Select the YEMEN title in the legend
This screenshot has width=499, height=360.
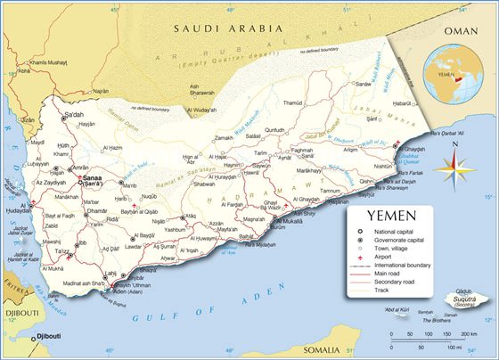click(390, 216)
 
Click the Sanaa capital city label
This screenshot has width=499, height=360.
click(93, 178)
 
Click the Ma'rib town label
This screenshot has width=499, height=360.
click(128, 185)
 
